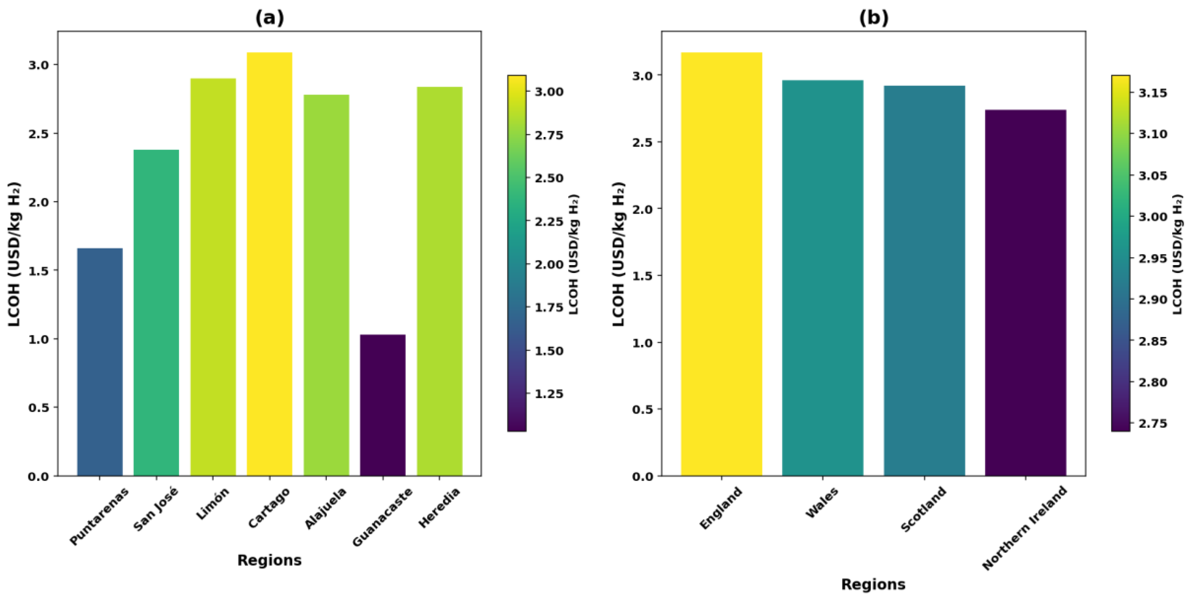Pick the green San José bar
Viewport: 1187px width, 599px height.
[x=156, y=313]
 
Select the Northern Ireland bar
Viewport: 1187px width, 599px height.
[x=1026, y=292]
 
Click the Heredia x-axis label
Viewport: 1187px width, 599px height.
[x=439, y=508]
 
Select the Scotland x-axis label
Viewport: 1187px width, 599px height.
[x=923, y=509]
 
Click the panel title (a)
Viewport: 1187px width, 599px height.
[x=269, y=17]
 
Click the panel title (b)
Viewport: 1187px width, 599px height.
[x=874, y=17]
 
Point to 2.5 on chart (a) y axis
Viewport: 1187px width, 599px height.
[x=38, y=133]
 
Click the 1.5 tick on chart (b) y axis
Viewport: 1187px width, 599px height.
[x=642, y=276]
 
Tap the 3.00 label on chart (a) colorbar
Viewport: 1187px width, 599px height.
[x=549, y=91]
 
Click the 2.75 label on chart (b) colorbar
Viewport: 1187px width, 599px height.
[x=1153, y=424]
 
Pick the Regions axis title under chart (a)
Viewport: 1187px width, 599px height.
[x=269, y=560]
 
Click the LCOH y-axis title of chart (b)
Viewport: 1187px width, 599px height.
[x=619, y=254]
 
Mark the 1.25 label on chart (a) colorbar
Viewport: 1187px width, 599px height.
[x=549, y=394]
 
